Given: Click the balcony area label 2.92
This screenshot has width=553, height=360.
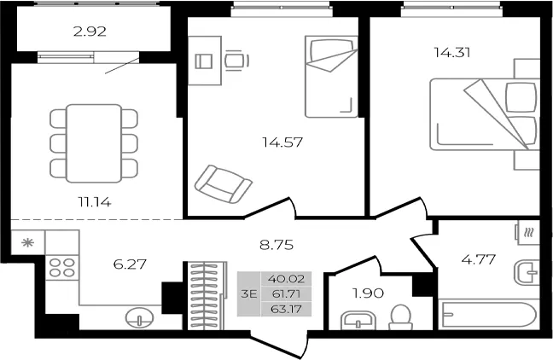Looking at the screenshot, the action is (x=90, y=32).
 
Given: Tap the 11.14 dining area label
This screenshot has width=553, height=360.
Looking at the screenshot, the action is (x=95, y=202).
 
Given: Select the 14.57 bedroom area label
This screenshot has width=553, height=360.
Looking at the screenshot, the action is (x=282, y=142).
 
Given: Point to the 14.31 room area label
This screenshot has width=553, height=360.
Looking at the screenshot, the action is (x=452, y=53).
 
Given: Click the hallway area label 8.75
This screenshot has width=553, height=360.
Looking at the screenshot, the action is (x=276, y=245).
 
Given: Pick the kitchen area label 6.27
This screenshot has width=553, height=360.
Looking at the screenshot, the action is (x=130, y=264).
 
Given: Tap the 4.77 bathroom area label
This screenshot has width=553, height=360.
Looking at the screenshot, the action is (x=479, y=259).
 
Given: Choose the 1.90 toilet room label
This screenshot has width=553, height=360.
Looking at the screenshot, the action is (x=368, y=293).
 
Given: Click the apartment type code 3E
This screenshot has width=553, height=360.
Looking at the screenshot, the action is (x=248, y=293).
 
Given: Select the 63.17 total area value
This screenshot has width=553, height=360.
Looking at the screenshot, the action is (x=286, y=309).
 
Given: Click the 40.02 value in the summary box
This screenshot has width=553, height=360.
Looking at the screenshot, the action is (x=286, y=279).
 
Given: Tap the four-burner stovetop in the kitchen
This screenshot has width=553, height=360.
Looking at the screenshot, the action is (x=62, y=268).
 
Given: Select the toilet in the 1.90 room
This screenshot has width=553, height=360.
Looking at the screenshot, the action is (x=400, y=317).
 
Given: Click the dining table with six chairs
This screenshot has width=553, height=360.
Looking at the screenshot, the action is (x=94, y=143).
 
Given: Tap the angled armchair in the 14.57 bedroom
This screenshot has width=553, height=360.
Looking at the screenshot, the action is (x=223, y=183).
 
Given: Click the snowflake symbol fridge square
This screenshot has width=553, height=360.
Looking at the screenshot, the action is (x=28, y=242).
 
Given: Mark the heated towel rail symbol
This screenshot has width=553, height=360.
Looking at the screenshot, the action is (x=528, y=233).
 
